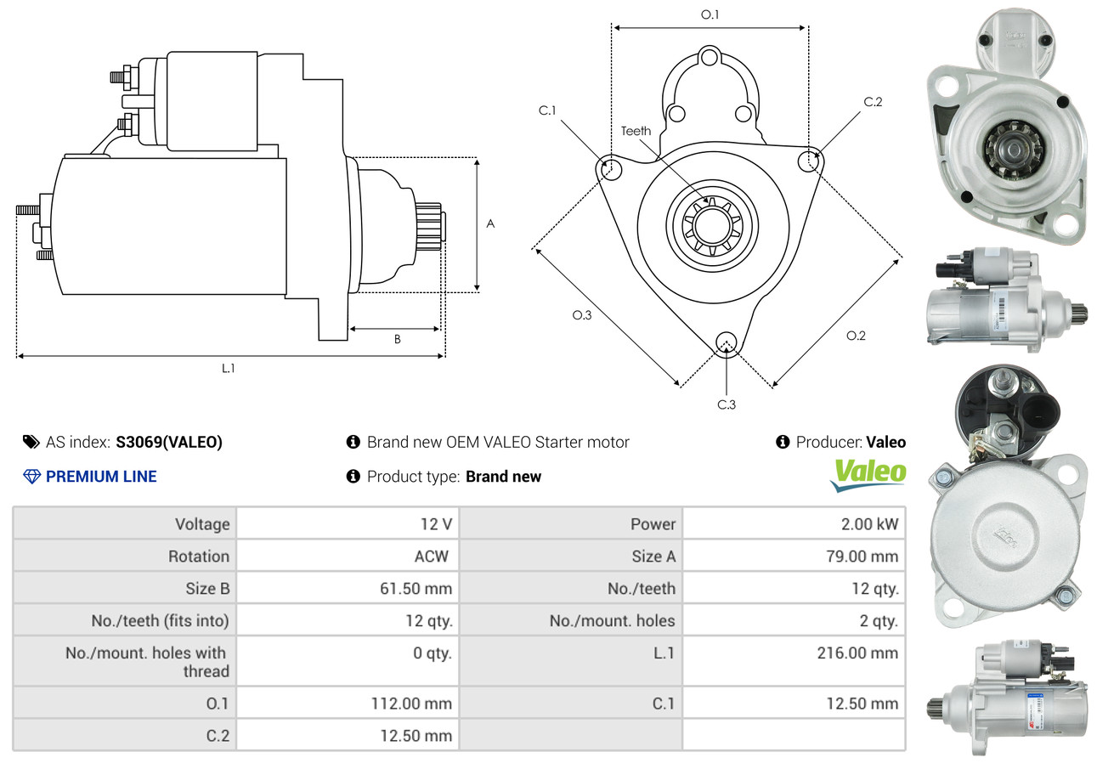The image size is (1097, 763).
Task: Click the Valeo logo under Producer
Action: (868, 475)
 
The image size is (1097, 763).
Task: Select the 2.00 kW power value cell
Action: (870, 524)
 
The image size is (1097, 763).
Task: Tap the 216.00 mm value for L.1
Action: (857, 653)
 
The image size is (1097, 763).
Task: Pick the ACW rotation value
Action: (432, 557)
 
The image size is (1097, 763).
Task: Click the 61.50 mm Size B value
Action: (416, 588)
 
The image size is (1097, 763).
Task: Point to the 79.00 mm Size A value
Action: (862, 557)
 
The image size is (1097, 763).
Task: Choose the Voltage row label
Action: (202, 524)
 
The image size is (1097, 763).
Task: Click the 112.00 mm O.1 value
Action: (411, 704)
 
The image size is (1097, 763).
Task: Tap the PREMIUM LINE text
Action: (101, 477)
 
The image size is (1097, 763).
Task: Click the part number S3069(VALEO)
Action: (169, 442)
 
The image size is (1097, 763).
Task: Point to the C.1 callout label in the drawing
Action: (547, 110)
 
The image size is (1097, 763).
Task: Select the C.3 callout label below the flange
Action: (727, 404)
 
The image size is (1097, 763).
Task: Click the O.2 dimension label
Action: (856, 336)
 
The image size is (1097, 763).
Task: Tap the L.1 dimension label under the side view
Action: (229, 368)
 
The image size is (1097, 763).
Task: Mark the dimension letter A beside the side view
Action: (490, 223)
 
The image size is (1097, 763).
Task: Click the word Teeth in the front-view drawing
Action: (636, 131)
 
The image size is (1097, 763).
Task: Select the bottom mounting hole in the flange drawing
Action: (727, 342)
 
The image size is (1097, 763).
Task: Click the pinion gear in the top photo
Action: (1013, 150)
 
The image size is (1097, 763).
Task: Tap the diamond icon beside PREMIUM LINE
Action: (31, 477)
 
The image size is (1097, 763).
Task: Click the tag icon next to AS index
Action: (31, 442)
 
